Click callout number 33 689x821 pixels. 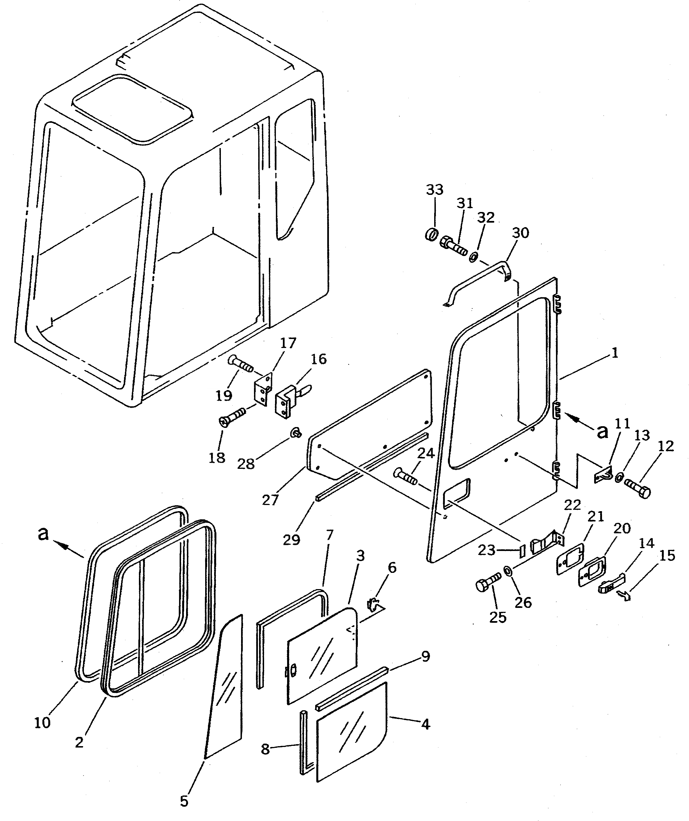[435, 190]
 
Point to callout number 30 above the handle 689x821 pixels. [521, 233]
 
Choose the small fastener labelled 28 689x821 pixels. [296, 433]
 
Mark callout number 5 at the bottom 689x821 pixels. [184, 801]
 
